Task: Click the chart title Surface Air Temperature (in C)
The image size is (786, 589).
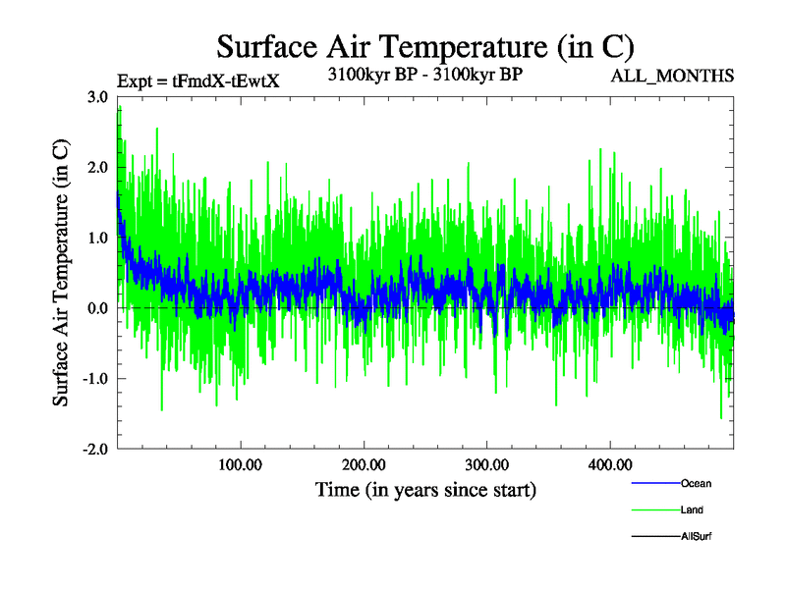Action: pos(425,47)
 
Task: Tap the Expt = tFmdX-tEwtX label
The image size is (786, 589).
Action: pos(198,81)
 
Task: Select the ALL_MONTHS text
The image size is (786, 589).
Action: pos(673,76)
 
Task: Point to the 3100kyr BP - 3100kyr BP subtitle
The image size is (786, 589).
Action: pos(425,74)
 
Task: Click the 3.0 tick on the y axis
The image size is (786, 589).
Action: pos(97,97)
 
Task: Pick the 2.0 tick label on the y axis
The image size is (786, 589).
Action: pos(97,168)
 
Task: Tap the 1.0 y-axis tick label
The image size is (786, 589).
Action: pos(97,238)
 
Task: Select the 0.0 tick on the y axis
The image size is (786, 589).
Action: pos(97,308)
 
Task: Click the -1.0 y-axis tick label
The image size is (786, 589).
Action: pos(95,379)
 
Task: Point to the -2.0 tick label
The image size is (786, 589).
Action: pos(95,449)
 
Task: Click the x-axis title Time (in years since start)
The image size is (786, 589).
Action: pos(425,489)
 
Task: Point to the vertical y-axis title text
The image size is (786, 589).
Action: pos(61,273)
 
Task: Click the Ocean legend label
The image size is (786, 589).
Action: pos(696,483)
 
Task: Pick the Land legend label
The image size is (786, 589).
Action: pos(692,509)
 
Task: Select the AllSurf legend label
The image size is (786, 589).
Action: pos(697,537)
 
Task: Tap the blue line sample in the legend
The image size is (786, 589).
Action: pos(655,483)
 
